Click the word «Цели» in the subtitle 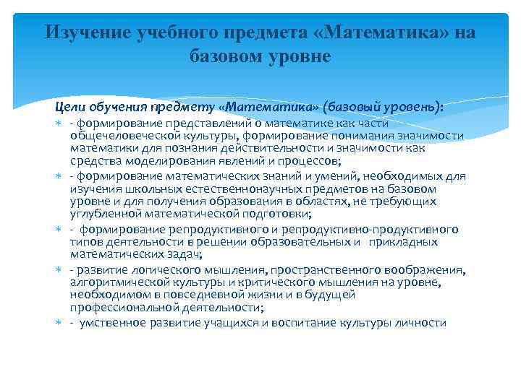[69, 107]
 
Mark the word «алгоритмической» [117, 282]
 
